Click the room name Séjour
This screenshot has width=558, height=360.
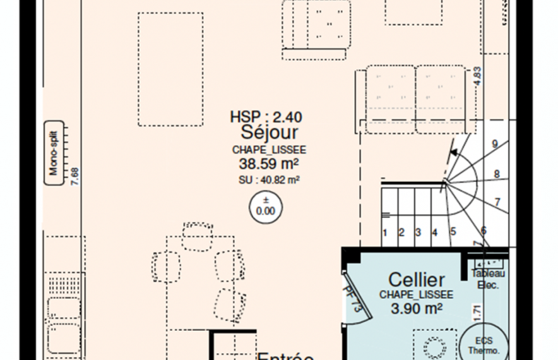click(269, 133)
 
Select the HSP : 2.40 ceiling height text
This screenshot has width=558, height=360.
click(266, 117)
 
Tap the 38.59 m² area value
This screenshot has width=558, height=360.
click(268, 164)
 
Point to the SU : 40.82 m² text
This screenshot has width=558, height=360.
click(269, 180)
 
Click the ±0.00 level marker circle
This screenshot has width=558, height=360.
click(266, 207)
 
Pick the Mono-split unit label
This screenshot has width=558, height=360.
click(54, 153)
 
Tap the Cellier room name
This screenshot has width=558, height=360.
click(416, 279)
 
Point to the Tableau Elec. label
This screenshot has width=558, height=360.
click(488, 279)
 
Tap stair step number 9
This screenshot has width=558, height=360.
click(495, 144)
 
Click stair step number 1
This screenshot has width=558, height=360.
click(385, 232)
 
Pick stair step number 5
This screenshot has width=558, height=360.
click(453, 232)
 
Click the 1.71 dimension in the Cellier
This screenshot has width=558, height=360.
click(477, 311)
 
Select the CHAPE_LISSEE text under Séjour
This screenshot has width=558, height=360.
click(269, 150)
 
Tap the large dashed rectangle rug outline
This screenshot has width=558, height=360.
click(170, 69)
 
